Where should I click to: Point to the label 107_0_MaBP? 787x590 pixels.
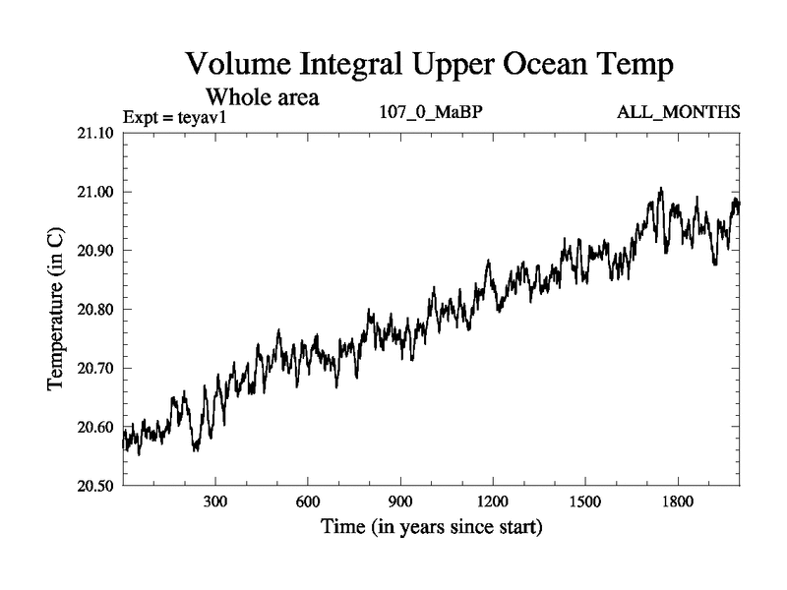pos(431,113)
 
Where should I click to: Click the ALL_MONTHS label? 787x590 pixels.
pos(678,113)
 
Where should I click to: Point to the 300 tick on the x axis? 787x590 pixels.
pos(215,502)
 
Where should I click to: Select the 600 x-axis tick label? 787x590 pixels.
pos(308,502)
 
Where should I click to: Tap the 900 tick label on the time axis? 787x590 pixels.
pos(400,502)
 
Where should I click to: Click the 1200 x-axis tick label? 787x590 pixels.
pos(493,502)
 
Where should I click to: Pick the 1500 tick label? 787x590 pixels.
pos(585,502)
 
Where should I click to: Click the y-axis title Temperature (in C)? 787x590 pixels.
pos(57,309)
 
